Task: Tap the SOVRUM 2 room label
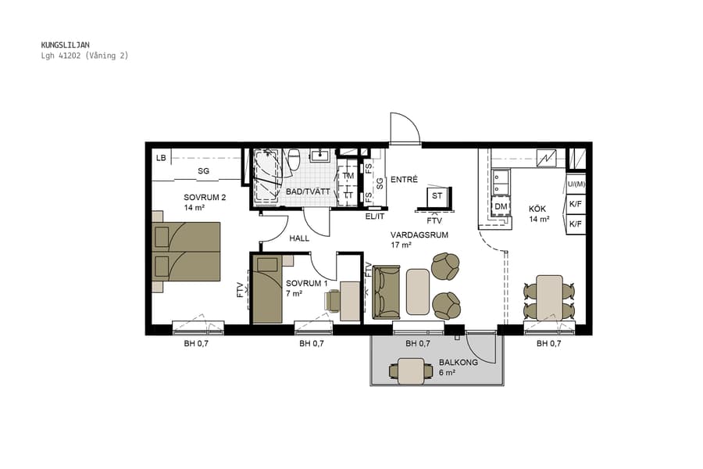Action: point(205,198)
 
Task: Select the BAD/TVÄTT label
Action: point(303,192)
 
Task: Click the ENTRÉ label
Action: point(404,179)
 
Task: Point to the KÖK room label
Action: point(537,209)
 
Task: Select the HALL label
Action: point(300,238)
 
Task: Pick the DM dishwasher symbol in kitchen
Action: point(501,206)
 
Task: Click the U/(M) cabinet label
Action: point(576,184)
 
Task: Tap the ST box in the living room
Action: point(437,196)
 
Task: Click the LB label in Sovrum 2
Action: point(161,159)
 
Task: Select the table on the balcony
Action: point(410,371)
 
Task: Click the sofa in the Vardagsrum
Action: point(386,292)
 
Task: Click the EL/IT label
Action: point(375,216)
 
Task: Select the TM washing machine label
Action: point(348,177)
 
